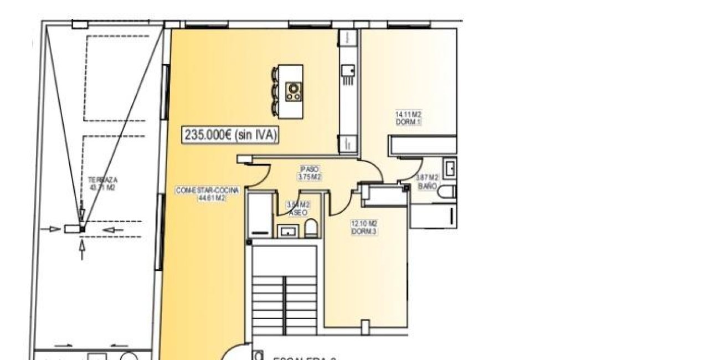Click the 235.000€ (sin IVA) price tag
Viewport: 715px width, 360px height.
pyautogui.click(x=230, y=135)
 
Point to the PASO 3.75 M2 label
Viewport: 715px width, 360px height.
pyautogui.click(x=310, y=173)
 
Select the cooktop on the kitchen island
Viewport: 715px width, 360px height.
pyautogui.click(x=294, y=91)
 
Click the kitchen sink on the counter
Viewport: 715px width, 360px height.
pyautogui.click(x=348, y=70)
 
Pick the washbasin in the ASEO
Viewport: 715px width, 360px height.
pyautogui.click(x=287, y=232)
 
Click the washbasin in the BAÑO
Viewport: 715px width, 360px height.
pyautogui.click(x=450, y=168)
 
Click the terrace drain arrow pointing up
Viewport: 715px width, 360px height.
pyautogui.click(x=83, y=250)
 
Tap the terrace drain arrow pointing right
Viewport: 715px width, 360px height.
pyautogui.click(x=54, y=229)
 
